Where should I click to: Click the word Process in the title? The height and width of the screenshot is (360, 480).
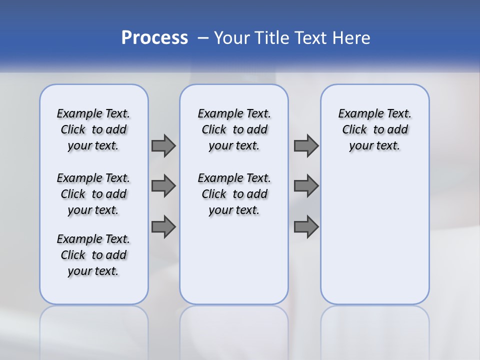154,38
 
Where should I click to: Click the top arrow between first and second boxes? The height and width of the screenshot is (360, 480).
163,145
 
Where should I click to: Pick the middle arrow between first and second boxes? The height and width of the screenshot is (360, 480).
163,186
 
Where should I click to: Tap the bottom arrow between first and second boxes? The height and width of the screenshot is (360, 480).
163,226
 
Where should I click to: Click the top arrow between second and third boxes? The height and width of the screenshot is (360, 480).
305,145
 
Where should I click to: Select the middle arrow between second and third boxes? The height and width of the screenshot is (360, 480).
305,186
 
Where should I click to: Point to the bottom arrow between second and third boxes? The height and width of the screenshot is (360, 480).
305,226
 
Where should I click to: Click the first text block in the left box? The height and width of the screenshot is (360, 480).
93,129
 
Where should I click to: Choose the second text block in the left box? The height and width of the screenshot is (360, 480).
93,194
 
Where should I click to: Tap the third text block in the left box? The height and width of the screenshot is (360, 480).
93,255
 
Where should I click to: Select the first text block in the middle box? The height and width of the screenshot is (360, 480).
234,129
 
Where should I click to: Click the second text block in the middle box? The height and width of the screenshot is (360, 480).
234,194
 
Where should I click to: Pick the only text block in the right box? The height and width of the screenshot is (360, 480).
374,129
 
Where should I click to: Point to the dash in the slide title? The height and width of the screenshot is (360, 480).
203,38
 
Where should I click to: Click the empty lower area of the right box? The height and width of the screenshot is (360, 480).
374,240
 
